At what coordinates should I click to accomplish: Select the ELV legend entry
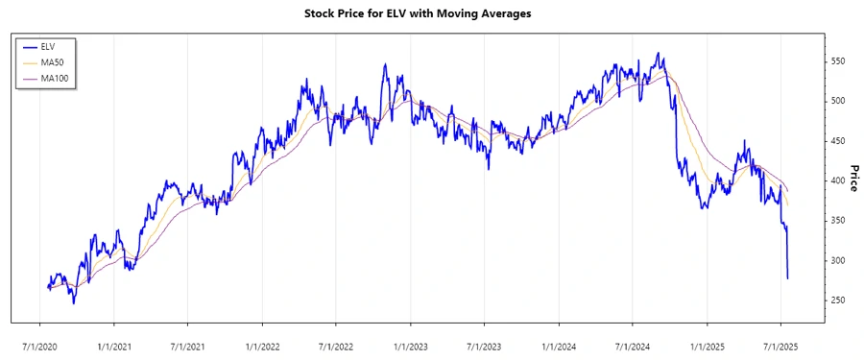[x=48, y=46]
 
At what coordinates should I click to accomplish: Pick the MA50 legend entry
[x=53, y=61]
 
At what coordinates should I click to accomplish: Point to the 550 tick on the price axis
[x=839, y=60]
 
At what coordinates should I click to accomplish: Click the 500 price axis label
[x=839, y=101]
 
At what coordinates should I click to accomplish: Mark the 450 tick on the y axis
[x=839, y=141]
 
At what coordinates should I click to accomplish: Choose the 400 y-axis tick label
[x=839, y=180]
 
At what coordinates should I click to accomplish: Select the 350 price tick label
[x=839, y=221]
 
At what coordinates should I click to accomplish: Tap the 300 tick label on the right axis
[x=839, y=261]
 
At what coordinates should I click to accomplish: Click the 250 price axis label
[x=839, y=300]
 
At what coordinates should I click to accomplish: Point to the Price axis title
[x=853, y=178]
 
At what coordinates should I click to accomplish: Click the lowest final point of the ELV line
[x=788, y=278]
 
